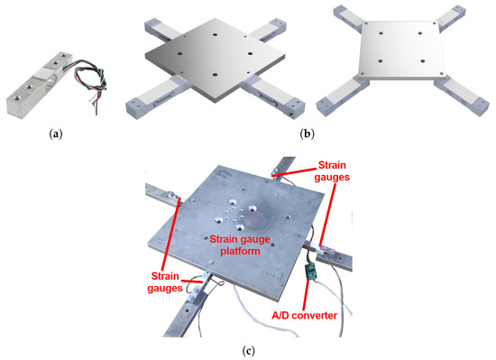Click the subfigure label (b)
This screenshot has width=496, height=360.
pos(307,134)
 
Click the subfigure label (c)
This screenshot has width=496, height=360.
pos(248,350)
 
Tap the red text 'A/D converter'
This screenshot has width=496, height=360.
pos(304,316)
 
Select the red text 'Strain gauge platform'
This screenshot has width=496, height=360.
pos(240,245)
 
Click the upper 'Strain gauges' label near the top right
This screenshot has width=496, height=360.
pos(332,171)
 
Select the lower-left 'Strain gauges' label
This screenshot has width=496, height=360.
pos(165,282)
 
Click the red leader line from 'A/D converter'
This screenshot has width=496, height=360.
pos(306,294)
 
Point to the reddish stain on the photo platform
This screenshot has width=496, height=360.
pos(257,219)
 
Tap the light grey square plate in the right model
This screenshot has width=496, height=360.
pos(401,49)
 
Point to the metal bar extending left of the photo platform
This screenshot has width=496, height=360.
pos(162,196)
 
